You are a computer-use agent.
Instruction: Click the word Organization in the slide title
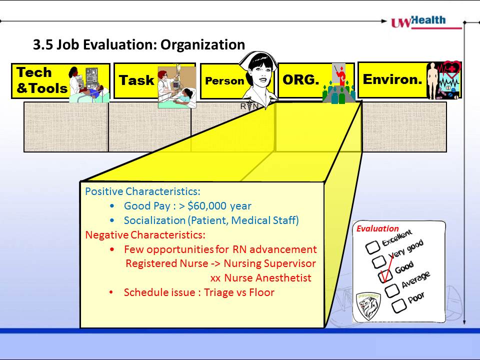202,44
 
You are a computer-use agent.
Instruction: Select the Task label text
136,80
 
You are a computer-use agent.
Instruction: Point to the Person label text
224,81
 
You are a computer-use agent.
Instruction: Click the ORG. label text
300,79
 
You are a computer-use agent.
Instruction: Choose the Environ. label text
392,79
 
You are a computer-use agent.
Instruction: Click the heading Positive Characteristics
142,191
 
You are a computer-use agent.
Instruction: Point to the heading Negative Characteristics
145,235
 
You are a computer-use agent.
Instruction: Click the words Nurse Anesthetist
268,278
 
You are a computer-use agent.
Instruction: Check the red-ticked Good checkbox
385,276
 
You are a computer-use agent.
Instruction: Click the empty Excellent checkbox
372,247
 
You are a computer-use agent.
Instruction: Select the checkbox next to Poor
399,306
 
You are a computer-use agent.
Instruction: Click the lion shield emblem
368,306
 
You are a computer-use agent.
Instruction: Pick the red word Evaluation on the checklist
378,228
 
